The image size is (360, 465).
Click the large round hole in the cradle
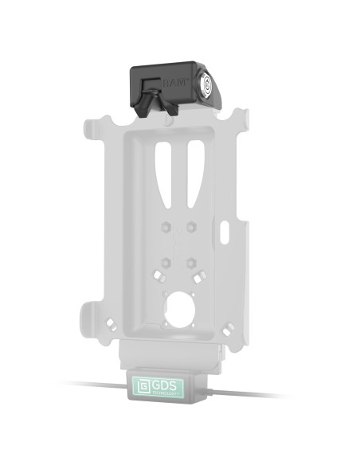click(179, 307)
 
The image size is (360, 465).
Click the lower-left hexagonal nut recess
click(164, 261)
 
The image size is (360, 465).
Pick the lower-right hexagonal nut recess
click(192, 260)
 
